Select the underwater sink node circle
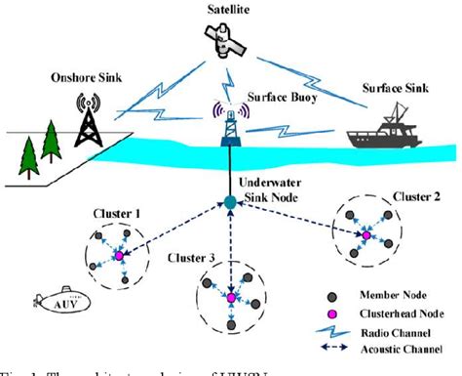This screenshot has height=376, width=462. [230, 203]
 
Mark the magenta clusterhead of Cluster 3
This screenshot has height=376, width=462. [231, 298]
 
